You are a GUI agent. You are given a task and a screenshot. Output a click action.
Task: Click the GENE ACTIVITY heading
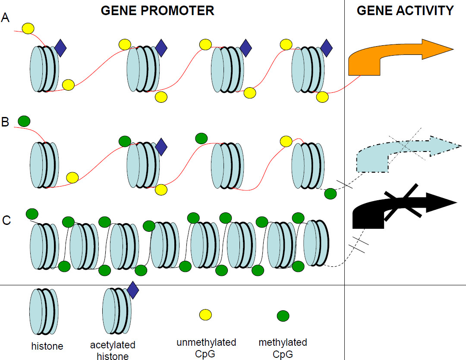click(405, 10)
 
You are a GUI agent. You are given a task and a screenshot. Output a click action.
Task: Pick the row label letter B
click(6, 122)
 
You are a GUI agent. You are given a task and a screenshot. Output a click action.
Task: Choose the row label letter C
click(6, 220)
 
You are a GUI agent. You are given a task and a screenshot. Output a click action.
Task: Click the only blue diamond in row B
click(161, 147)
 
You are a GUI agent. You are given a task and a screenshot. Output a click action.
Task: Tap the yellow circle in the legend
click(205, 315)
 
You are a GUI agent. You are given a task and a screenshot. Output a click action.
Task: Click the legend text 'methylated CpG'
click(283, 348)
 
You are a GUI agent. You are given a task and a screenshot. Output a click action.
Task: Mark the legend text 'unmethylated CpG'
click(206, 348)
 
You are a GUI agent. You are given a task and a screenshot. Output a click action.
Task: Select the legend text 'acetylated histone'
click(113, 350)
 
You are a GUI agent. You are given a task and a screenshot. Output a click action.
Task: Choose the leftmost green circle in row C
click(32, 214)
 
